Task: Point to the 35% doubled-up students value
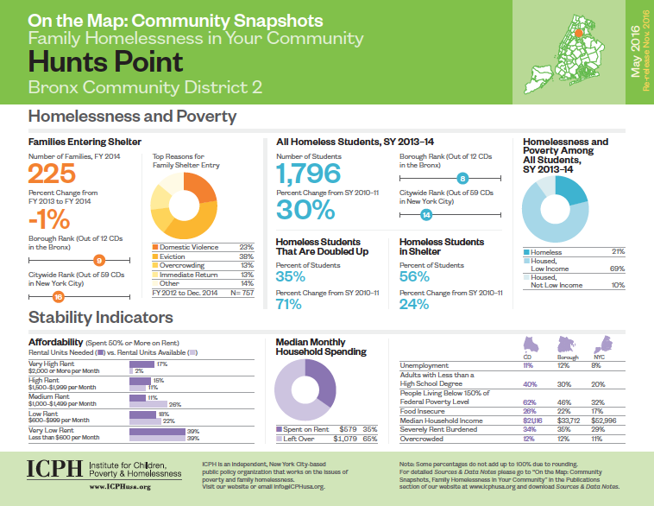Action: pos(291,276)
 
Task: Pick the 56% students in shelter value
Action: pos(415,276)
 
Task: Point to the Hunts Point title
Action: pos(106,61)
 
